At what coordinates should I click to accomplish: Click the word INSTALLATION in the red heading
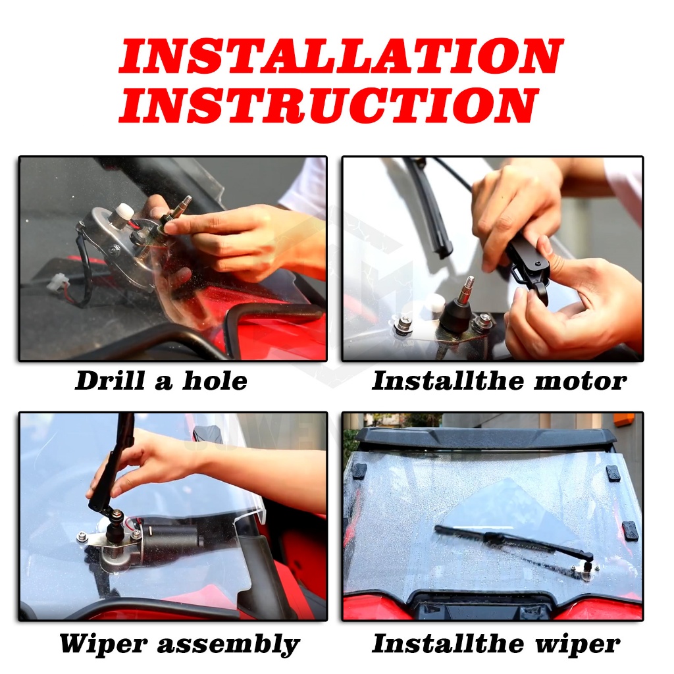[341, 56]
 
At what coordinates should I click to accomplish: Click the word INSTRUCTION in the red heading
[329, 105]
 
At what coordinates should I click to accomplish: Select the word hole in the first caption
[215, 380]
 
